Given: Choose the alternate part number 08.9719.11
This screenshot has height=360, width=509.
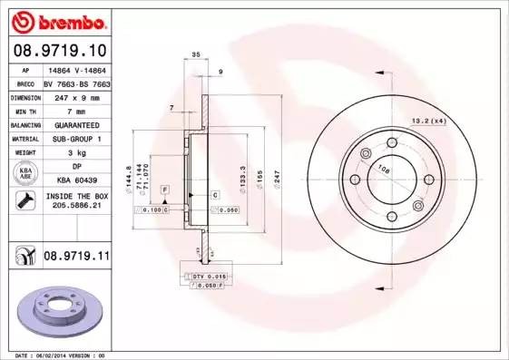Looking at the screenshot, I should (75, 258).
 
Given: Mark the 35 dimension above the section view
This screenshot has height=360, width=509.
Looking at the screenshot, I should (196, 56).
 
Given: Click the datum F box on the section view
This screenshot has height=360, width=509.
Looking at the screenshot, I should (165, 189).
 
